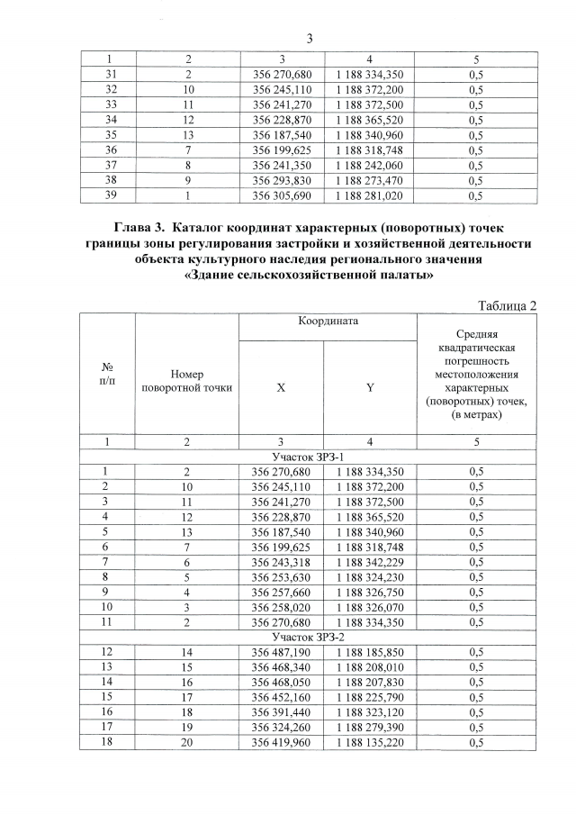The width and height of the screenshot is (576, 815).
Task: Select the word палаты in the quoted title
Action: click(388, 276)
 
